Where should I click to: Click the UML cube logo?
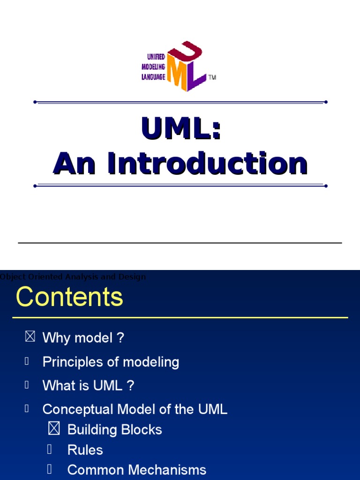(x=187, y=66)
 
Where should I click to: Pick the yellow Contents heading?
(x=69, y=297)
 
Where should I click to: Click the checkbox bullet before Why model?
(x=30, y=337)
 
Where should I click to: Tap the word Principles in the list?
(x=71, y=362)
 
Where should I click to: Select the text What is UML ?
(x=88, y=386)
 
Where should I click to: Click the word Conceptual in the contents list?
(x=78, y=409)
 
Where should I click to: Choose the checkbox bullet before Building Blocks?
(x=54, y=429)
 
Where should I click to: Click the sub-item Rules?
(x=85, y=450)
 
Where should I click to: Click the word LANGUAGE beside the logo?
(x=153, y=77)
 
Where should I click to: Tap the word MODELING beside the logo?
(x=153, y=67)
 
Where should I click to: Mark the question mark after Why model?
(x=120, y=338)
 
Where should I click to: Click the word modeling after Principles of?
(x=150, y=362)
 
